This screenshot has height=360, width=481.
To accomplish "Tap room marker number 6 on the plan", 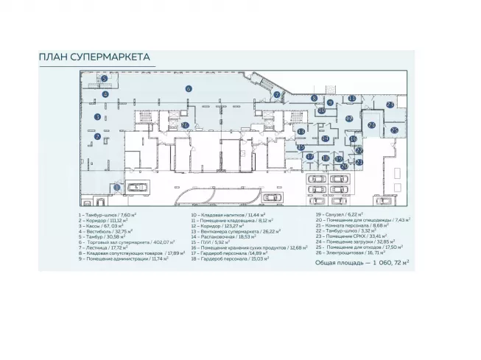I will (189, 88).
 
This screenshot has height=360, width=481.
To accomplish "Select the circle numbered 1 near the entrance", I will (117, 187).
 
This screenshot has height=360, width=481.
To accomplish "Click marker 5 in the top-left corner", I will (105, 79).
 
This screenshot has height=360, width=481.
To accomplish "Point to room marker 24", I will (372, 126).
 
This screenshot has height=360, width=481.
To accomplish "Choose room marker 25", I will (395, 130).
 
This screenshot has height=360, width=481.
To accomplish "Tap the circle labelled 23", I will (390, 105).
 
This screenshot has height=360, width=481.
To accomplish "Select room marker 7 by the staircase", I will (277, 94).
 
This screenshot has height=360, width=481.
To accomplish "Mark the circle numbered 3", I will (96, 116).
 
